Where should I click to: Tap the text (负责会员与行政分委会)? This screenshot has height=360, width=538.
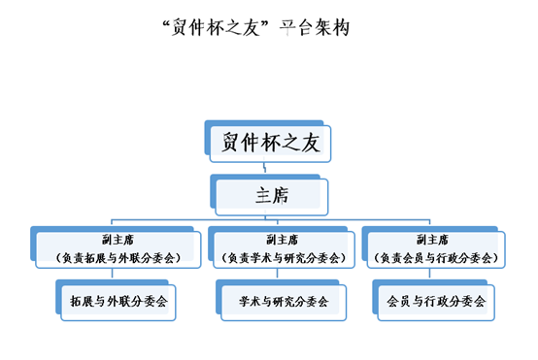436,258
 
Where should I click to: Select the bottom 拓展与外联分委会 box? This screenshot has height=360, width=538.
112,302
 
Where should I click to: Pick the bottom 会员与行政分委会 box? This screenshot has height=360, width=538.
436,302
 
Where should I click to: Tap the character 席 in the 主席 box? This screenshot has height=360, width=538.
280,196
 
